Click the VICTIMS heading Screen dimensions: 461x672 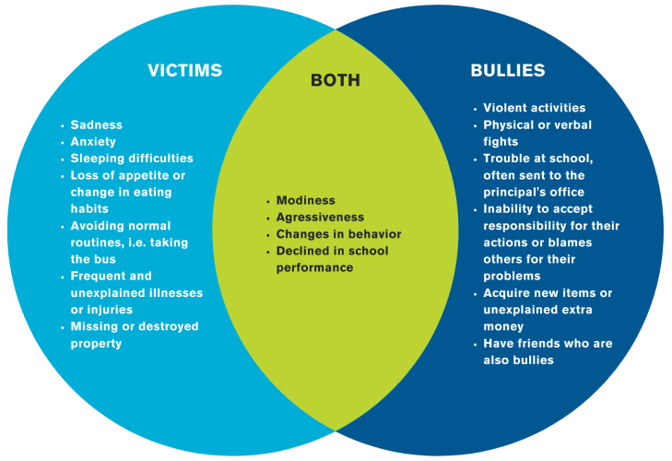185,71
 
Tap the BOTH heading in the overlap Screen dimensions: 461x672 336,81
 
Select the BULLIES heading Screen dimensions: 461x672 508,71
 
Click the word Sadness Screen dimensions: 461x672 97,125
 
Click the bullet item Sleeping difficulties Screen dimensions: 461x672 132,159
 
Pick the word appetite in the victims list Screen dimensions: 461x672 135,175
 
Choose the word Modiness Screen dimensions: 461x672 306,201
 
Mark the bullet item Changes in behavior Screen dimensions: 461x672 339,234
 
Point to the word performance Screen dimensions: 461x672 315,267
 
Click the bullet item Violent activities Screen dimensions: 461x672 535,108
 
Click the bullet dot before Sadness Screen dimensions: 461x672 62,125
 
